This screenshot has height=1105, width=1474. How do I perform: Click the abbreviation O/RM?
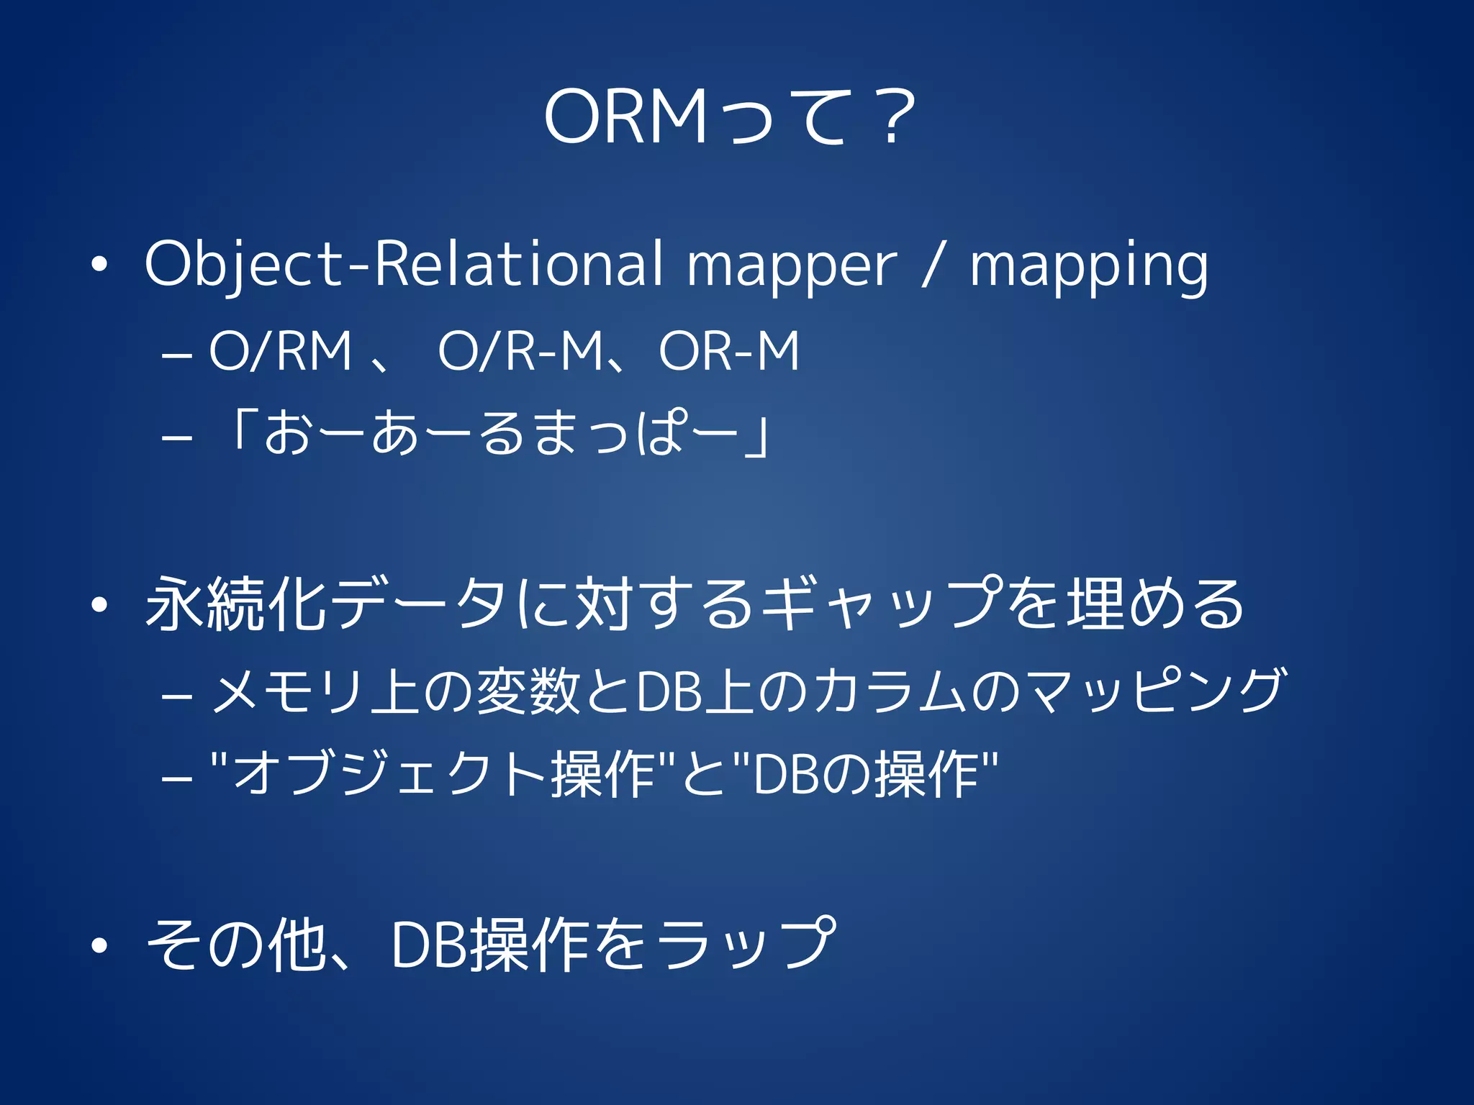click(x=281, y=352)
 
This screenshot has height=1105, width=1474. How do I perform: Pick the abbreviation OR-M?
click(x=728, y=352)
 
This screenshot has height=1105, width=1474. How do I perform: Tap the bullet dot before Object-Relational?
click(x=99, y=265)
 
